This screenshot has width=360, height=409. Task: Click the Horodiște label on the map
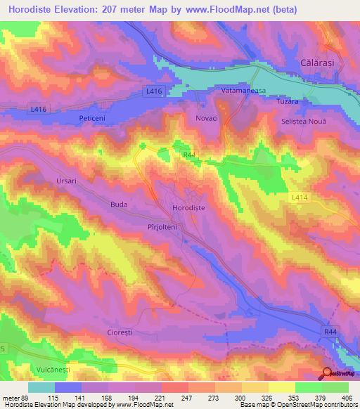(189, 208)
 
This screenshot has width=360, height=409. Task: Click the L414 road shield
(301, 199)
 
